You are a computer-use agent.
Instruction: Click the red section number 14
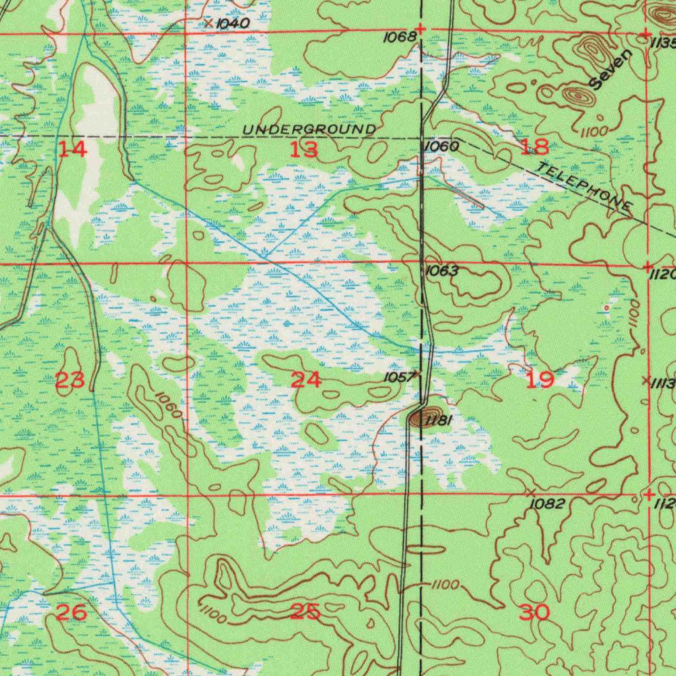[x=72, y=149]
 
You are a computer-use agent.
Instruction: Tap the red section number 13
[x=304, y=150]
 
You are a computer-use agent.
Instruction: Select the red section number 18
[x=534, y=147]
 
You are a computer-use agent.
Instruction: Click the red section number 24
[x=306, y=380]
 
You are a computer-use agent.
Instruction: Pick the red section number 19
[x=539, y=380]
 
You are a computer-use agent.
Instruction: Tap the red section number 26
[x=71, y=612]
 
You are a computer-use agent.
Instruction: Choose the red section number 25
[x=305, y=612]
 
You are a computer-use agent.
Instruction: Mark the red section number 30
[x=535, y=612]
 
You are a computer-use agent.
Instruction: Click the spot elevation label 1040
[x=233, y=24]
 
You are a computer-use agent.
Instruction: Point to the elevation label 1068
[x=400, y=38]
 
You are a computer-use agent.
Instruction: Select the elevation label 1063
[x=442, y=270]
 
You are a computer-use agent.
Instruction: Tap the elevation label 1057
[x=400, y=377]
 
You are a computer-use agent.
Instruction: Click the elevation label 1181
[x=438, y=420]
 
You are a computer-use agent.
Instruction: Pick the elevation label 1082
[x=548, y=504]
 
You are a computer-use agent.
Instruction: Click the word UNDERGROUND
[x=310, y=129]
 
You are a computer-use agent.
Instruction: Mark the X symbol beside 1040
[x=208, y=23]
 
